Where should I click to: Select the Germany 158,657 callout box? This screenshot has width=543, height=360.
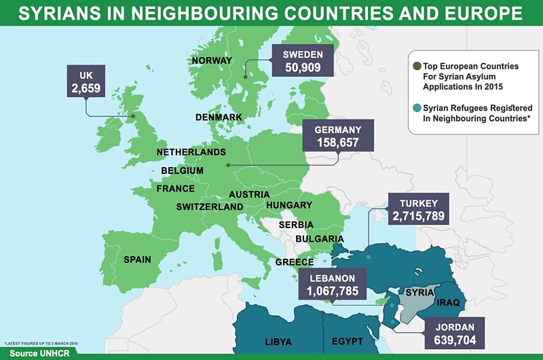pos(337,137)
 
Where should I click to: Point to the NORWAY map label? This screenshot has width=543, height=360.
pos(212,60)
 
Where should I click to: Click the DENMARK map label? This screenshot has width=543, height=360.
pos(219,118)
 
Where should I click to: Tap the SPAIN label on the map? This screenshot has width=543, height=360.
pos(137,259)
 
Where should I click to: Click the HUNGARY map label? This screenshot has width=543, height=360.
pos(289,205)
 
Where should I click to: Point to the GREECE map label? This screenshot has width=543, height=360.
pos(294,262)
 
